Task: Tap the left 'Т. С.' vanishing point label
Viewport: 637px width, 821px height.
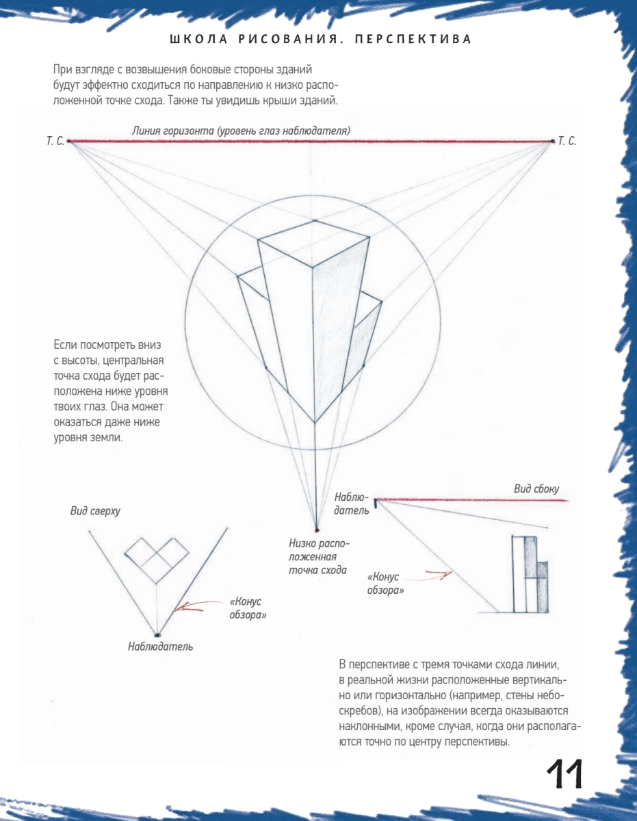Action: (55, 142)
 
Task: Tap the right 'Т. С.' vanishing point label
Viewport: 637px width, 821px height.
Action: (567, 142)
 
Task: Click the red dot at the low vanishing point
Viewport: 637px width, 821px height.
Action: (316, 530)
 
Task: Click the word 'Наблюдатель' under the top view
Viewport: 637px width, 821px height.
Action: (160, 646)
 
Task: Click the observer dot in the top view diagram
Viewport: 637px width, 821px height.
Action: (158, 634)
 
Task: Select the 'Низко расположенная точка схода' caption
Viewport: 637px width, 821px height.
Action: (317, 556)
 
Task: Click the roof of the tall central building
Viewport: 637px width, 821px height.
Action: (315, 242)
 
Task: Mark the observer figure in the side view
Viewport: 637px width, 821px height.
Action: (375, 506)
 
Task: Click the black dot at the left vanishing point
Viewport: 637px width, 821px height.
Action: (70, 142)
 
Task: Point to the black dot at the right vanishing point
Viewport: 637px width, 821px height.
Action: (552, 141)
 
